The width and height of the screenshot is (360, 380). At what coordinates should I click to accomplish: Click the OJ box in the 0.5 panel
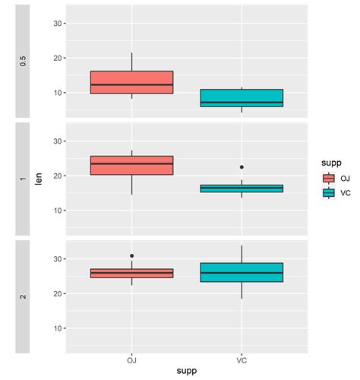click(131, 82)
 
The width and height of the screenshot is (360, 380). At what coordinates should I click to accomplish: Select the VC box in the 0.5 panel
click(242, 98)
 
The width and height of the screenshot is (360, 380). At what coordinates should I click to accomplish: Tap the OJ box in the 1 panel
click(131, 165)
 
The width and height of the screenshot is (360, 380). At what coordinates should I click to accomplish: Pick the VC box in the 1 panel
click(242, 188)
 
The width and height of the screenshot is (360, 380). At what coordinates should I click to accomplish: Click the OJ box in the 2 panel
click(131, 273)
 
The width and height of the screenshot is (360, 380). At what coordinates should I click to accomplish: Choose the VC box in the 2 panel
click(242, 272)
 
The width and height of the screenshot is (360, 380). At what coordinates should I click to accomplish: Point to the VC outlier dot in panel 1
click(242, 167)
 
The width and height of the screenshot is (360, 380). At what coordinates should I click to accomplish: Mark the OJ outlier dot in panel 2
click(131, 256)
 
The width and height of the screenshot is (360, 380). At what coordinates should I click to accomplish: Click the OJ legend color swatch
click(328, 179)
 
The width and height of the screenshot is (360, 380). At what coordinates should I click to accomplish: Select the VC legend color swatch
click(328, 192)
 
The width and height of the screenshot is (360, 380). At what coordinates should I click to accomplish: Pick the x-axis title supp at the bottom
click(186, 371)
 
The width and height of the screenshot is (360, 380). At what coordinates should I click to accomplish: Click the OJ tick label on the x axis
click(131, 359)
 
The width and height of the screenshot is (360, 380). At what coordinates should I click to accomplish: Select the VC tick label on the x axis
click(242, 359)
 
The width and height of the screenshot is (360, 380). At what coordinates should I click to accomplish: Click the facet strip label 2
click(23, 296)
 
